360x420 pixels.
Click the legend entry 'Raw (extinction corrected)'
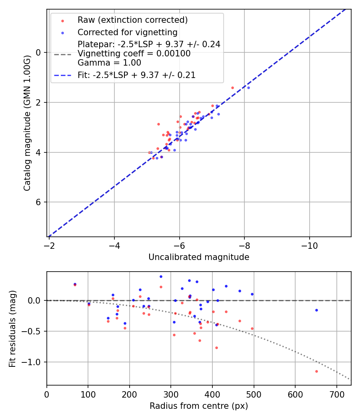132,20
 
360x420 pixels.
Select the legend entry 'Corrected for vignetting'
127,32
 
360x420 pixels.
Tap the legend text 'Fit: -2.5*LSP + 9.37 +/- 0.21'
136,75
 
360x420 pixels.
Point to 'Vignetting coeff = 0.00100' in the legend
134,54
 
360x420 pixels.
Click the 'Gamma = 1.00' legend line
109,63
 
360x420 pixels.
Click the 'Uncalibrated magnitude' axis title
199,257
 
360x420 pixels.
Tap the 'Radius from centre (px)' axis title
199,406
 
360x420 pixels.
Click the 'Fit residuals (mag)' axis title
12,328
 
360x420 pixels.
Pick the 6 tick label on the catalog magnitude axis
38,202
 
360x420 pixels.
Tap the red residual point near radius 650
316,371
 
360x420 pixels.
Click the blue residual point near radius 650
316,310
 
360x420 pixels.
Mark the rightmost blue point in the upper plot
248,88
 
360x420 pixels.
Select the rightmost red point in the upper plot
232,88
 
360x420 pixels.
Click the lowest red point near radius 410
216,348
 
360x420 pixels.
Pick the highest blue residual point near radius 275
161,276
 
